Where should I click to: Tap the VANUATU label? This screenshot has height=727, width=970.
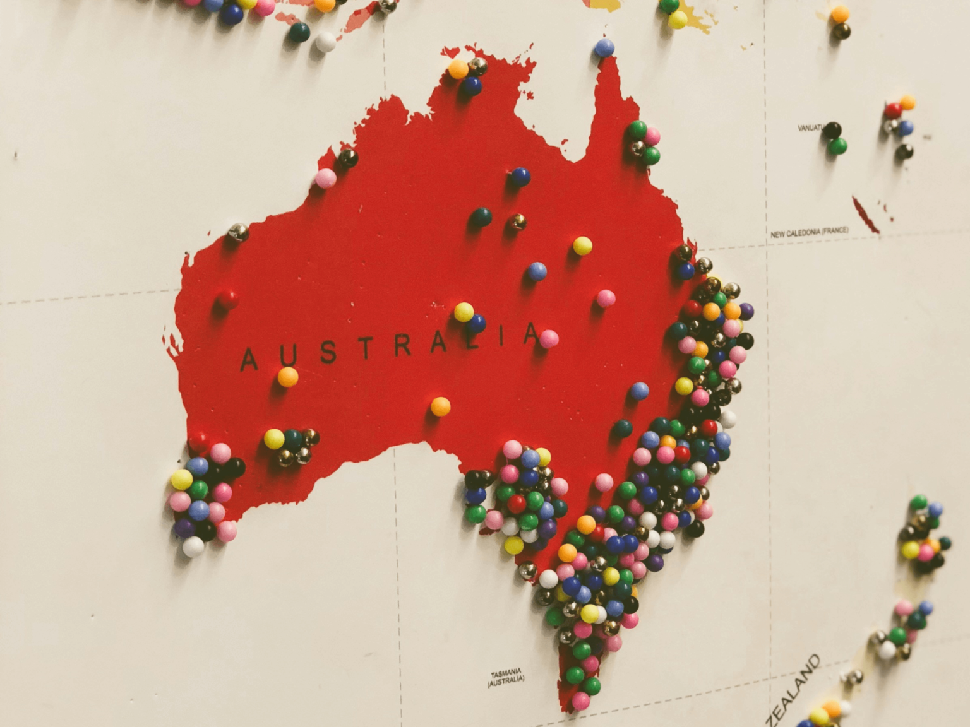click(x=811, y=128)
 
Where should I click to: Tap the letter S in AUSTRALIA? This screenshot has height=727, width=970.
click(x=328, y=352)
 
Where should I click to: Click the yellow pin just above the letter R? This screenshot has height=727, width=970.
click(x=464, y=312)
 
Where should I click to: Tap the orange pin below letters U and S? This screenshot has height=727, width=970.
click(x=288, y=377)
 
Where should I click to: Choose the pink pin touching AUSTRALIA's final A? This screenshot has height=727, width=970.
click(x=549, y=339)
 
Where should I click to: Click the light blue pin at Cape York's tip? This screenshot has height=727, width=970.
click(x=604, y=48)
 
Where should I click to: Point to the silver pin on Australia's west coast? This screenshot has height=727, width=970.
click(x=238, y=232)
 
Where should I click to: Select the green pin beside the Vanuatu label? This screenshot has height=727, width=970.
click(x=837, y=146)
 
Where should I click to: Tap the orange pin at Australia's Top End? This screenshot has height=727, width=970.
click(x=458, y=69)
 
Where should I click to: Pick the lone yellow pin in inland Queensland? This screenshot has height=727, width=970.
click(x=582, y=245)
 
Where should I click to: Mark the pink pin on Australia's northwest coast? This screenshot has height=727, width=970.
click(x=326, y=178)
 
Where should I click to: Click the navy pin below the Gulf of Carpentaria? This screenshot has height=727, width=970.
click(x=520, y=177)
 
